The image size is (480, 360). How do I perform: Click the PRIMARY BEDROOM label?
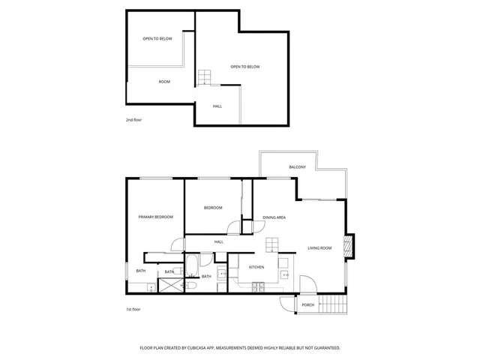click(x=155, y=217)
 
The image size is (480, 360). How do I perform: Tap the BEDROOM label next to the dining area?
click(x=213, y=208)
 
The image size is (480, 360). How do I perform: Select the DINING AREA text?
click(x=274, y=217)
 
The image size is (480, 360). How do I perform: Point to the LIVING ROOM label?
click(x=319, y=247)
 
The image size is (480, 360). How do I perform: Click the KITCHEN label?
click(x=256, y=267)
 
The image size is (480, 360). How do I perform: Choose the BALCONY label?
click(x=297, y=166)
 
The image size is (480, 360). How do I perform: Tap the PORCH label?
click(x=308, y=305)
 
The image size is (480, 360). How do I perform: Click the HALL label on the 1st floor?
click(x=219, y=241)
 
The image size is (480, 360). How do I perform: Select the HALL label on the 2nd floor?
click(x=217, y=106)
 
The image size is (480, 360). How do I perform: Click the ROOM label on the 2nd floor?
click(x=164, y=81)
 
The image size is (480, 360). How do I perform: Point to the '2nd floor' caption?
click(x=133, y=120)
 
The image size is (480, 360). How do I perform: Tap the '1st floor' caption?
click(x=133, y=309)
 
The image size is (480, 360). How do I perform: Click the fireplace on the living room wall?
click(x=348, y=246)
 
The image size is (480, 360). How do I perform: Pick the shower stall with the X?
click(x=172, y=284)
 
